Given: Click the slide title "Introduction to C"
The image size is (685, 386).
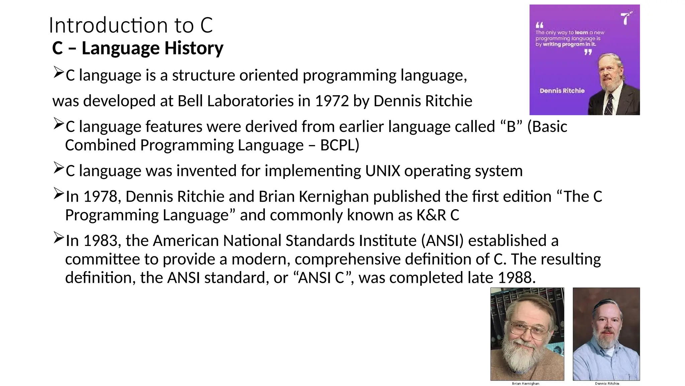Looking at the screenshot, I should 131,25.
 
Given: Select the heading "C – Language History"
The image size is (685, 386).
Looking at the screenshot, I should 138,48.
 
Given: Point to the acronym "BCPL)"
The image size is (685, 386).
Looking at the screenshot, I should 339,145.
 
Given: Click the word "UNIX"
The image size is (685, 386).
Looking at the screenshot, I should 383,171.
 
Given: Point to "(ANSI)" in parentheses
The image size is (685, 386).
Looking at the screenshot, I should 442,241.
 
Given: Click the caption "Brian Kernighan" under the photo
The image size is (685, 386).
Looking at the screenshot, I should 525,383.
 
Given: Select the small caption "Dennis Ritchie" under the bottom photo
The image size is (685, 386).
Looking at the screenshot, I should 607,383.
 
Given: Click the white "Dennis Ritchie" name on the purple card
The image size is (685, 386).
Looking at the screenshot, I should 562,91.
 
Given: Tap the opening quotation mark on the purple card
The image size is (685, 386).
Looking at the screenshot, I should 540,25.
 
